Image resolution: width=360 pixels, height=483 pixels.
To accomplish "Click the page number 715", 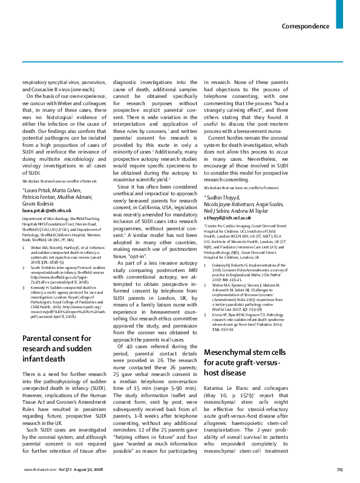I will click(339, 470).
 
